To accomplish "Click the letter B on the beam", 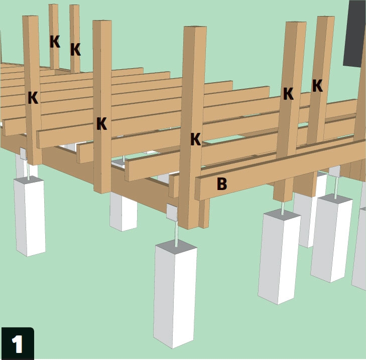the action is point(222,184).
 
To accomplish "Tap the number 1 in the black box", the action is point(17,344).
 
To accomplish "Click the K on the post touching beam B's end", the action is point(196,139).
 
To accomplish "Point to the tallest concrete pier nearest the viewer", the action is point(175,295).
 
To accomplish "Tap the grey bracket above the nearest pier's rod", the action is point(172,212).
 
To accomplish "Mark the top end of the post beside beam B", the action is point(195,27).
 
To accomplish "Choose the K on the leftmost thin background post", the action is point(55,42).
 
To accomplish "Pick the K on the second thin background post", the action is point(75,50).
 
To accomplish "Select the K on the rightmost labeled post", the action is point(317,86).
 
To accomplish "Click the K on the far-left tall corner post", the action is point(33,97).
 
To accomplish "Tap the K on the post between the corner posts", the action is point(102,123).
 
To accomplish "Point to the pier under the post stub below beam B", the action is point(279,257).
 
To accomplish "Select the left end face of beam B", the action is point(198,189).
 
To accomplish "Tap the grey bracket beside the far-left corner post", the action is point(24,153).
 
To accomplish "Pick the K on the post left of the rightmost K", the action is point(289,94).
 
